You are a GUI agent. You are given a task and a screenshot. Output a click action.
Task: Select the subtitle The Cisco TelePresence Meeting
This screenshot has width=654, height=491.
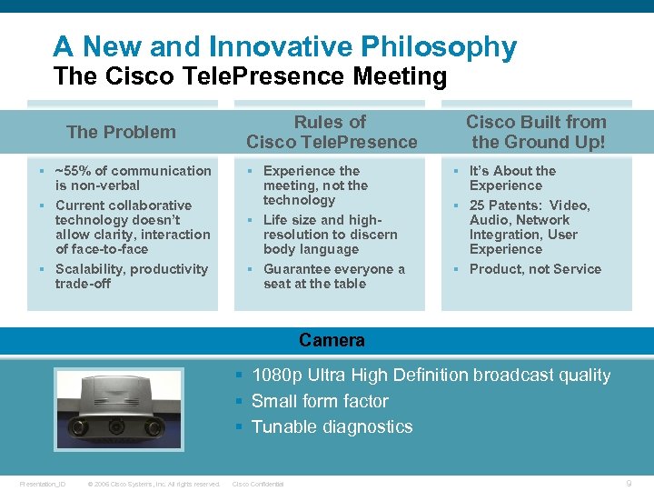tap(250, 76)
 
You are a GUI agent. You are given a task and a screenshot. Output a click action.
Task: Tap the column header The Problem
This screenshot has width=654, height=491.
tap(121, 132)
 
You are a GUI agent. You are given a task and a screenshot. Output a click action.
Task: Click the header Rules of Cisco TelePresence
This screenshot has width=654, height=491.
tap(332, 132)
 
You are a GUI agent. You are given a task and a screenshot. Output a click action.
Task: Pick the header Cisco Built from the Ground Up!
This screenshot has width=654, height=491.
tap(536, 132)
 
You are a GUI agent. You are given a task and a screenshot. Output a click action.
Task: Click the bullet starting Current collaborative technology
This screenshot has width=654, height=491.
tap(132, 227)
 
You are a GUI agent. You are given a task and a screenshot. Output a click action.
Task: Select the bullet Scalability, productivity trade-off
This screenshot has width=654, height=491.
tap(131, 276)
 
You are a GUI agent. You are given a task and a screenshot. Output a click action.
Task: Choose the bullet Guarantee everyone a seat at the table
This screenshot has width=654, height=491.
tap(333, 276)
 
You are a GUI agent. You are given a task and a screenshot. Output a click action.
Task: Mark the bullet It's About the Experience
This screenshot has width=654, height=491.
tap(512, 178)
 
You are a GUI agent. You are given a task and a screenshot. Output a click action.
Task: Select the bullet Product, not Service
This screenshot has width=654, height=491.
tap(535, 269)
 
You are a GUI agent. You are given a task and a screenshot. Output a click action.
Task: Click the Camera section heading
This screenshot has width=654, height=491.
tap(332, 341)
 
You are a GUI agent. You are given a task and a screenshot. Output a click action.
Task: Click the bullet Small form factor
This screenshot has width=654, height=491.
tap(319, 401)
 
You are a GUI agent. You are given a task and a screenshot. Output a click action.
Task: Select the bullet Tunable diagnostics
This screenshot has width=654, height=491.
tap(332, 426)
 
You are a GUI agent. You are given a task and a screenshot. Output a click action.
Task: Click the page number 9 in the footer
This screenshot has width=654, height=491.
tap(629, 484)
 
